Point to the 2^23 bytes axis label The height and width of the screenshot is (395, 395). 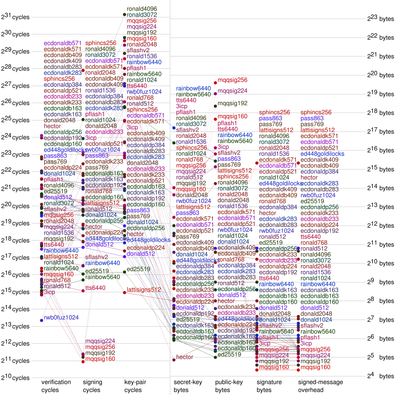pyautogui.click(x=380, y=19)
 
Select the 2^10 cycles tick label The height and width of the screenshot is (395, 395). pyautogui.click(x=15, y=378)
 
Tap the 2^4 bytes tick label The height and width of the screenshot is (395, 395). pyautogui.click(x=380, y=376)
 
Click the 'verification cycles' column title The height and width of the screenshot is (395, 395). pyautogui.click(x=56, y=386)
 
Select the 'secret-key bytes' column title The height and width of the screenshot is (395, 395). pyautogui.click(x=188, y=386)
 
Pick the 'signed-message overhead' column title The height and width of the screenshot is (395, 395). pyautogui.click(x=320, y=386)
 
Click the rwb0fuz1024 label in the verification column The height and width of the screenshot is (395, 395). pyautogui.click(x=61, y=318)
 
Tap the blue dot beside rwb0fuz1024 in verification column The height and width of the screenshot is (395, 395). pyautogui.click(x=41, y=320)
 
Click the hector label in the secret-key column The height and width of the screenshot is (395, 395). pyautogui.click(x=184, y=357)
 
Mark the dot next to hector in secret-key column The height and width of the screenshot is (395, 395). pyautogui.click(x=174, y=360)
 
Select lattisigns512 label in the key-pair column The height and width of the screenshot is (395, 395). pyautogui.click(x=144, y=290)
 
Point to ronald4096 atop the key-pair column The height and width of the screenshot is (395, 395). pyautogui.click(x=142, y=9)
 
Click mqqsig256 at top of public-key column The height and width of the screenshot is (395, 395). pyautogui.click(x=232, y=80)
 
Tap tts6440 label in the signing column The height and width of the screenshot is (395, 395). pyautogui.click(x=95, y=288)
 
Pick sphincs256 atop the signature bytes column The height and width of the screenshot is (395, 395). pyautogui.click(x=275, y=113)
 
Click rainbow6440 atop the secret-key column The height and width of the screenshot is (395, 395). pyautogui.click(x=194, y=88)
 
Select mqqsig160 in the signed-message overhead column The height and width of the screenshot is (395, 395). pyautogui.click(x=315, y=367)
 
